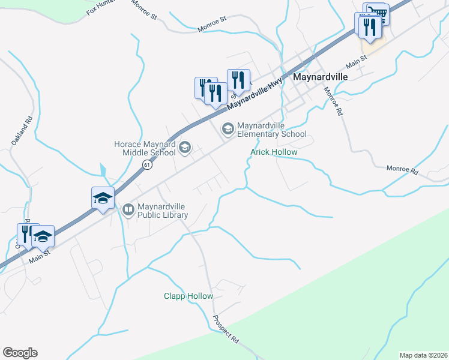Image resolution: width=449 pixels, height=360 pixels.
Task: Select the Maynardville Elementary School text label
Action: click(271, 130)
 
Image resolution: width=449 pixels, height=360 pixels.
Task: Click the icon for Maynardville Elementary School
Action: click(228, 128)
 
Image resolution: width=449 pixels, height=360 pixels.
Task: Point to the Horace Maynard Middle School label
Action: click(145, 148)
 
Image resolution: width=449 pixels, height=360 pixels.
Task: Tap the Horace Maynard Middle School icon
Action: click(185, 148)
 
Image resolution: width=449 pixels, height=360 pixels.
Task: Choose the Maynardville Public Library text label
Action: click(162, 210)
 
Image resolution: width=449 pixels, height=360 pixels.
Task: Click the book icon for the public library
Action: click(128, 209)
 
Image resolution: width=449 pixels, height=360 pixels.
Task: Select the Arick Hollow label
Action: click(274, 152)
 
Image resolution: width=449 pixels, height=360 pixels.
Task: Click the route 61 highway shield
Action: click(146, 164)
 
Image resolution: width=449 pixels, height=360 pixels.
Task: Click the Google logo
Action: click(20, 353)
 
